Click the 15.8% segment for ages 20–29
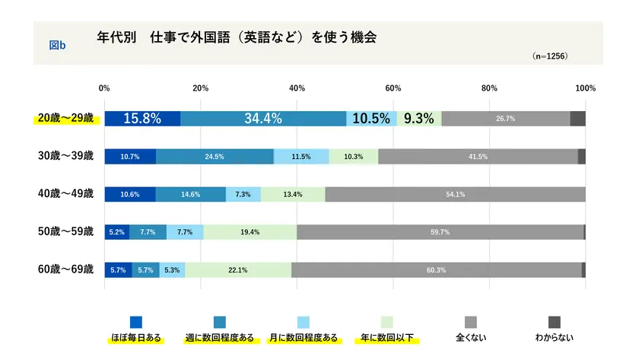[142, 118]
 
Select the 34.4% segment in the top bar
[263, 118]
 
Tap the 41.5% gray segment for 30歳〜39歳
[478, 156]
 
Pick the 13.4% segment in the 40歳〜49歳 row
[293, 194]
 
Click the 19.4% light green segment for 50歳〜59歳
[250, 232]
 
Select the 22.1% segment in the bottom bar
[237, 269]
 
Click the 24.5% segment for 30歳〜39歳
[215, 156]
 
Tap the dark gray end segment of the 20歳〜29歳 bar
[577, 118]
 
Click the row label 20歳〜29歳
[66, 118]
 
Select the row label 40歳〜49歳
[66, 194]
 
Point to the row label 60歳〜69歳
[66, 269]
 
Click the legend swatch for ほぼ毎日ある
[136, 321]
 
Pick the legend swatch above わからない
[555, 321]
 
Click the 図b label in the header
[57, 46]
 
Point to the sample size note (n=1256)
[550, 56]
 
